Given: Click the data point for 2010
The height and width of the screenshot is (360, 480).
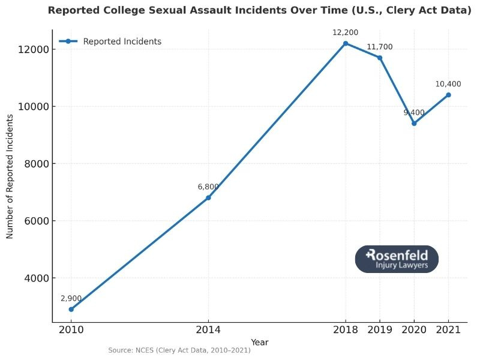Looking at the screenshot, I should click(71, 309).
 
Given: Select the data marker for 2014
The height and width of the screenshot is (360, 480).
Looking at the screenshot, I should click(208, 197).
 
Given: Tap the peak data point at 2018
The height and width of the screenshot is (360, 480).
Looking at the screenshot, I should click(346, 43).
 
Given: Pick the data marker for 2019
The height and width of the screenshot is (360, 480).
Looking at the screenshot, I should click(380, 58).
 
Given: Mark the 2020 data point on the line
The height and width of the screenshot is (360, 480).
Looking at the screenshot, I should click(414, 124).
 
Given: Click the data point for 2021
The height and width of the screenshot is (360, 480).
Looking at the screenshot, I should click(448, 95).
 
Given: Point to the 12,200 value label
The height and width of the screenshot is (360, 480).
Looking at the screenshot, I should click(346, 32).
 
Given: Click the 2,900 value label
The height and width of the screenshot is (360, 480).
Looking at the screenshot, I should click(71, 298).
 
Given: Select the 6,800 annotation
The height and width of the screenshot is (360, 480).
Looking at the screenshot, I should click(208, 187).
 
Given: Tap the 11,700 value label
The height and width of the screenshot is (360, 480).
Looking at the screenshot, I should click(380, 47).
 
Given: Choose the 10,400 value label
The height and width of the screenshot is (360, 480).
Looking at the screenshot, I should click(448, 84).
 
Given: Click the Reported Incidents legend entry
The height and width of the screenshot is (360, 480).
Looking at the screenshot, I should click(122, 41).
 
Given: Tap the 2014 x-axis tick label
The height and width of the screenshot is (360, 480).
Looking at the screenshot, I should click(208, 330).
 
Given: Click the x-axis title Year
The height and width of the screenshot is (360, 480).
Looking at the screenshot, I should click(260, 342).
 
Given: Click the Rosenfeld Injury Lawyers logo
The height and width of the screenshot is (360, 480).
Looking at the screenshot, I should click(397, 259).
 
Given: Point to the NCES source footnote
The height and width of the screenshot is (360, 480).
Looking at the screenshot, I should click(179, 350).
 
